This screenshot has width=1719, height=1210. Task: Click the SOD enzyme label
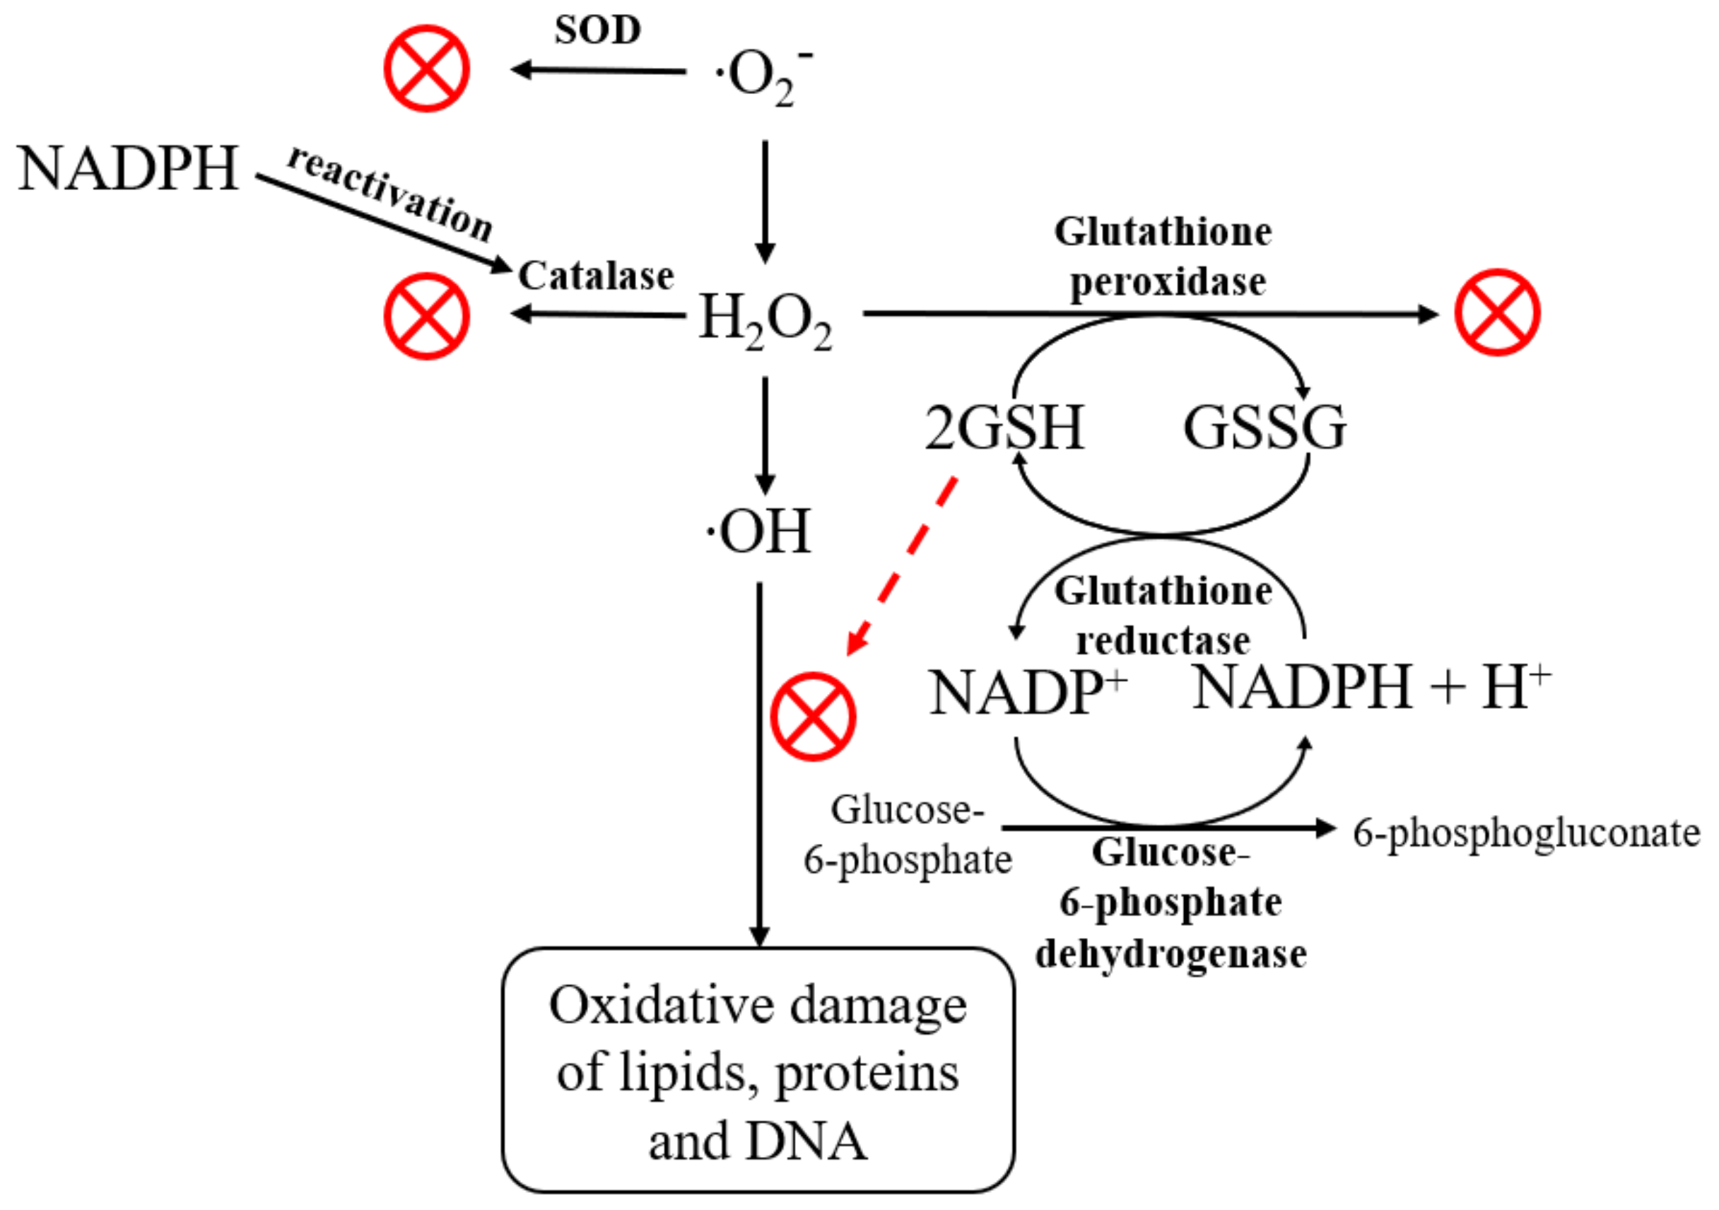pyautogui.click(x=597, y=30)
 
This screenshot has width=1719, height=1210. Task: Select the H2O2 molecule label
pyautogui.click(x=763, y=319)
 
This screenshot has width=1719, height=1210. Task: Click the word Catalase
pyautogui.click(x=596, y=276)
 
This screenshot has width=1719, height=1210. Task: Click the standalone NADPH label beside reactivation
pyautogui.click(x=127, y=169)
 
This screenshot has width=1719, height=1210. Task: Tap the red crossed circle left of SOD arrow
pyautogui.click(x=427, y=69)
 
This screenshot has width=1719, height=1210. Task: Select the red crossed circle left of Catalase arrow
pyautogui.click(x=427, y=316)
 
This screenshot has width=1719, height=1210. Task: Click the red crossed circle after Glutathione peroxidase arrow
pyautogui.click(x=1497, y=312)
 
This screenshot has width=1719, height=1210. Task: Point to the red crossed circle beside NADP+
pyautogui.click(x=813, y=717)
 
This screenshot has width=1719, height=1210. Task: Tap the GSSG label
pyautogui.click(x=1265, y=428)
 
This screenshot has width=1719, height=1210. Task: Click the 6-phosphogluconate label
pyautogui.click(x=1526, y=833)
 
